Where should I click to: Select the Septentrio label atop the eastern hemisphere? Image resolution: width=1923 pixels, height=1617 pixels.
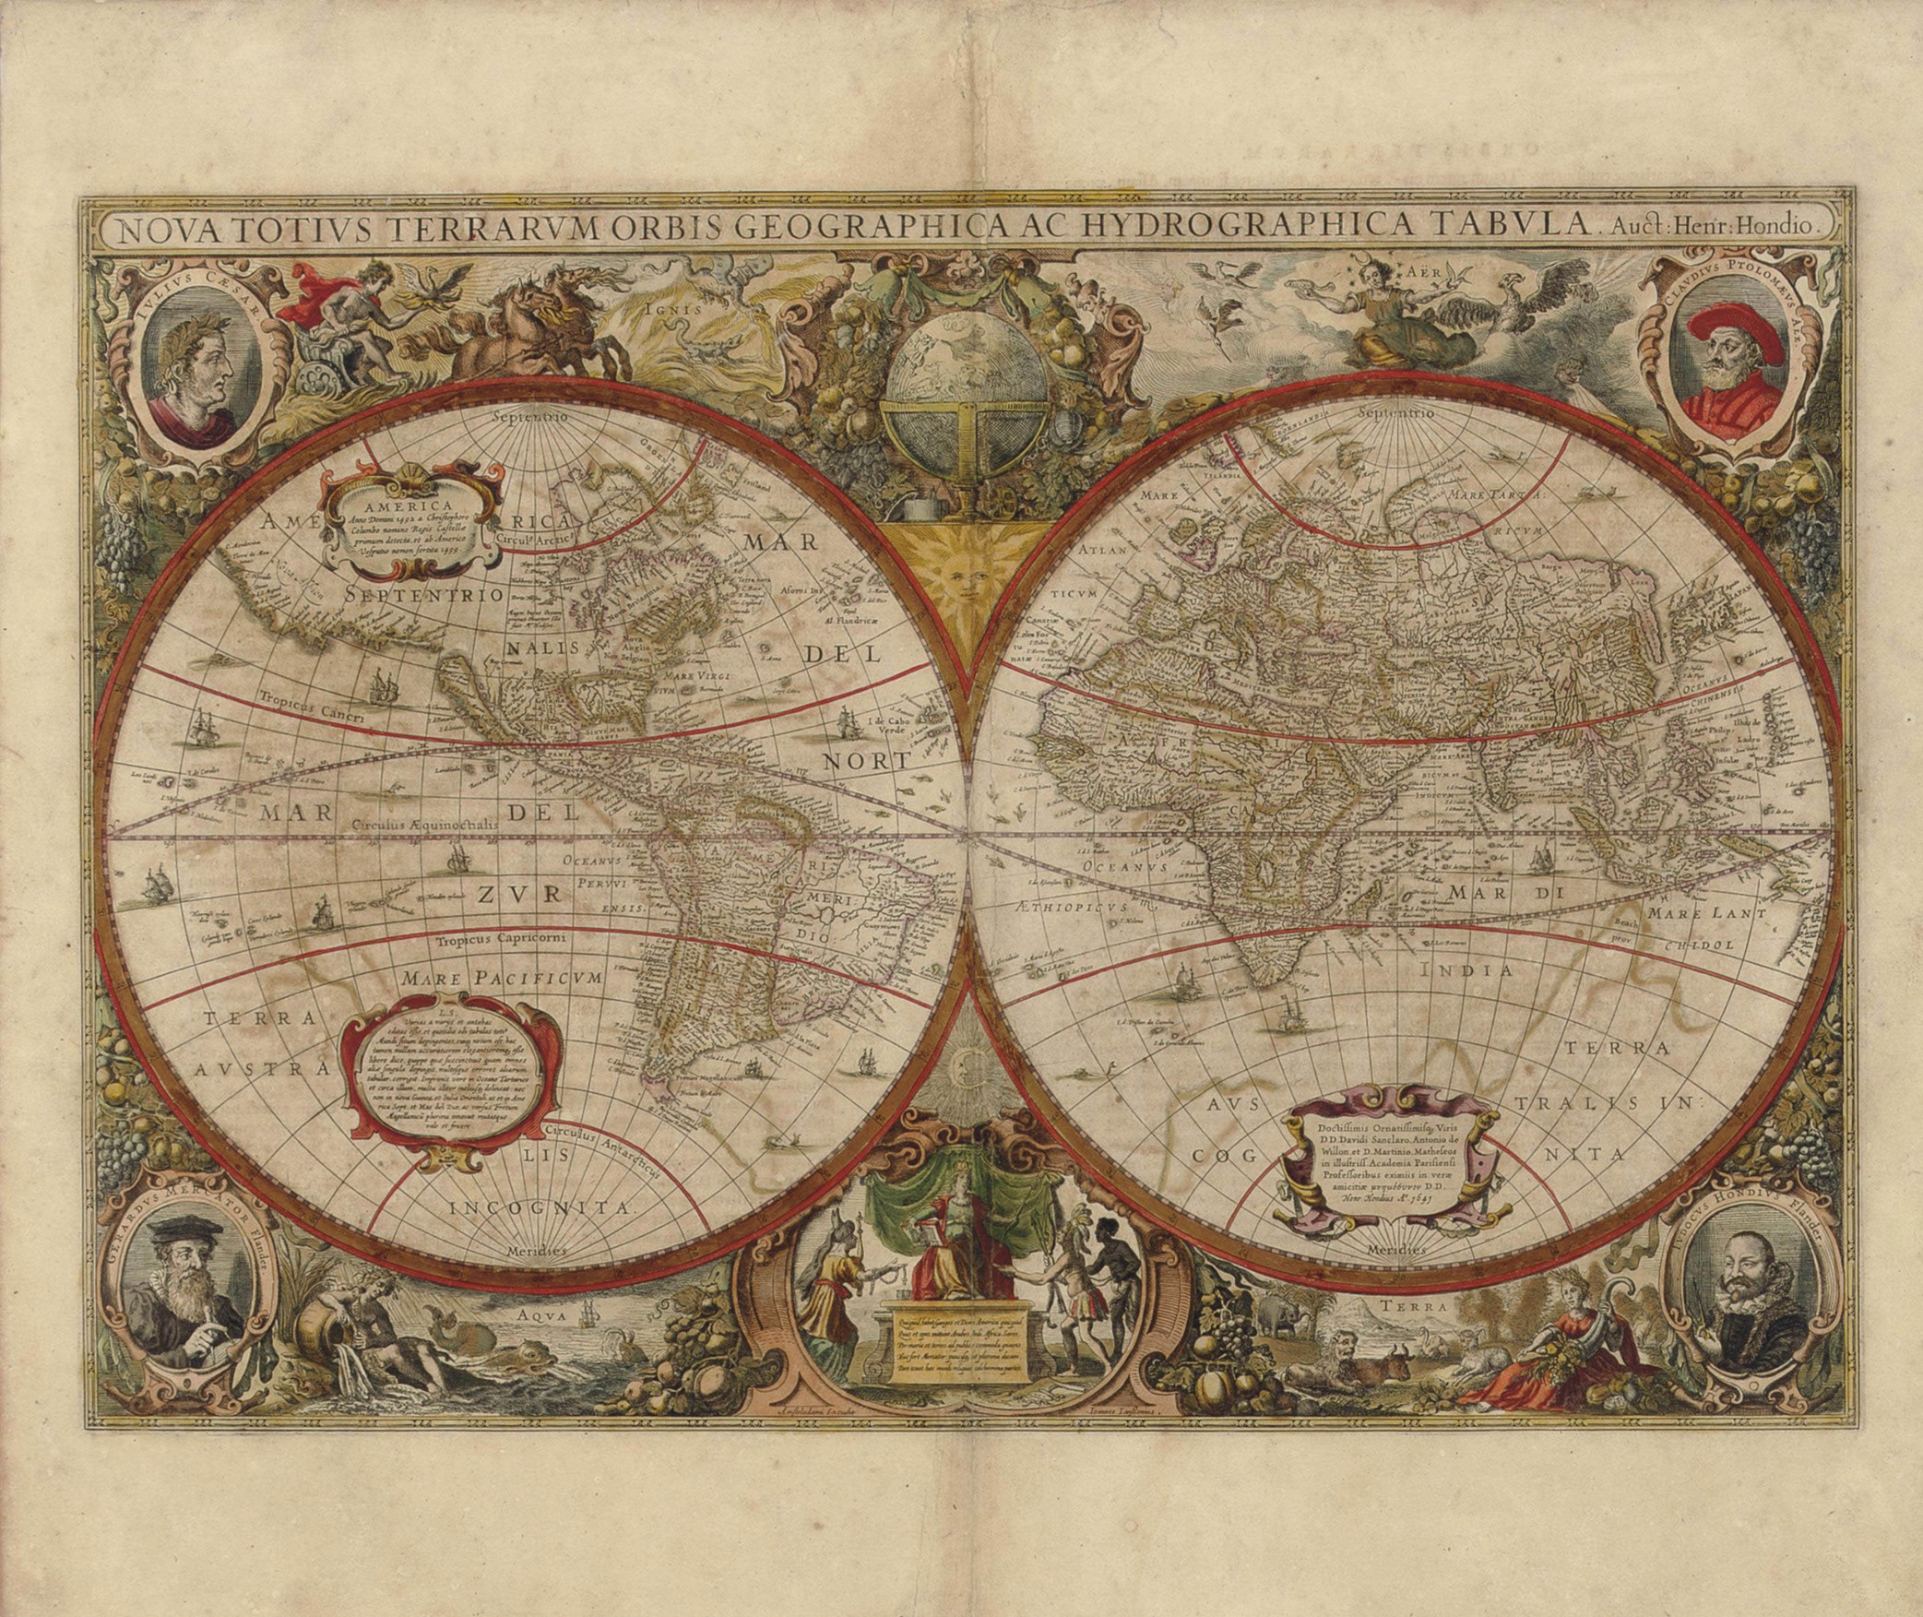tap(1395, 413)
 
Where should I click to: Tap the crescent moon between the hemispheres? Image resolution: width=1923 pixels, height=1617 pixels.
tap(961, 1062)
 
